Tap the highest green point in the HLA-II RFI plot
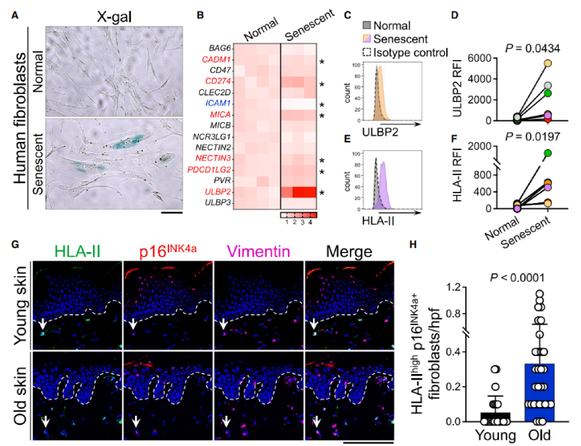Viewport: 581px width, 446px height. point(548,154)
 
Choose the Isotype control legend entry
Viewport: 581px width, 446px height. point(413,52)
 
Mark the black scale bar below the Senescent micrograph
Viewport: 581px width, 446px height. point(172,212)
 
